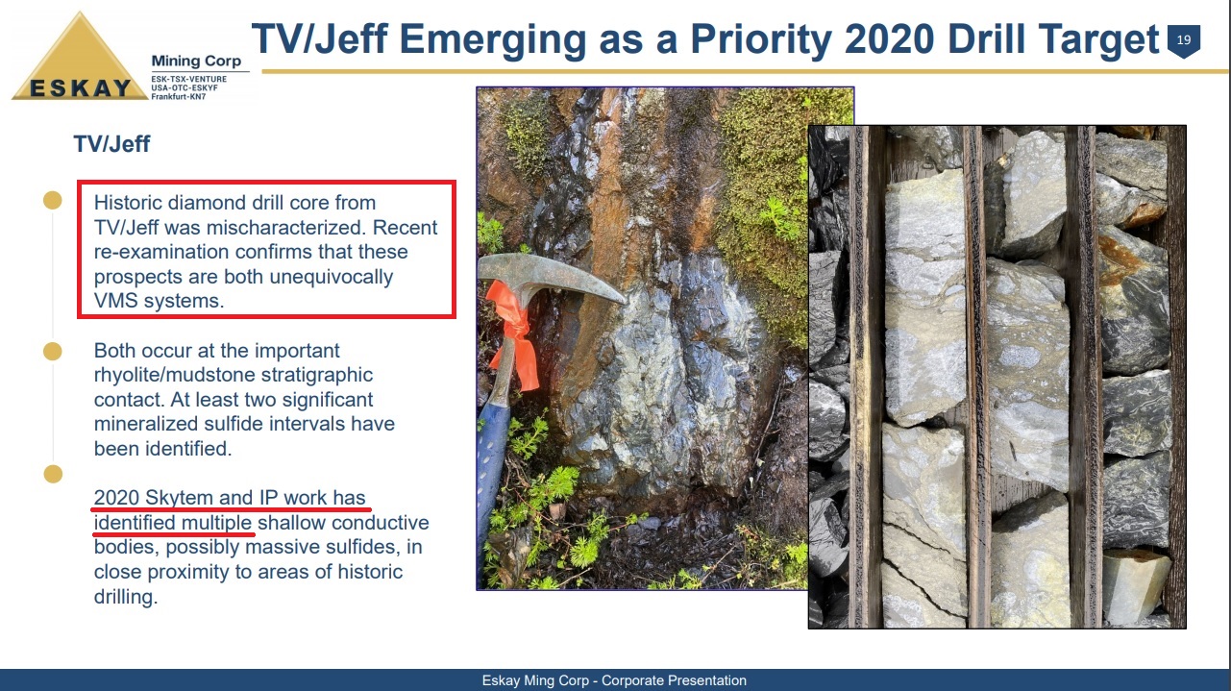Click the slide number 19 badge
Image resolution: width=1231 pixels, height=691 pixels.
[x=1184, y=40]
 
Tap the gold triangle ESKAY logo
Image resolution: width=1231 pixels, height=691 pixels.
[x=80, y=61]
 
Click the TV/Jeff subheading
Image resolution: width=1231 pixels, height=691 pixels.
[x=111, y=144]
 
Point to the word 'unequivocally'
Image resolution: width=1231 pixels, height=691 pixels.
[x=332, y=277]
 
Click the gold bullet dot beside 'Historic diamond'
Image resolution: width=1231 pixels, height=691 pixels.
[x=53, y=200]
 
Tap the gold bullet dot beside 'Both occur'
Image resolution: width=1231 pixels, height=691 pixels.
[x=53, y=351]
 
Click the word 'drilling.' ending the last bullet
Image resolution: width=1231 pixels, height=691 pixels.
[x=126, y=597]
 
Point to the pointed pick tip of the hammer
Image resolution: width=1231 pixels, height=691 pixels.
[x=625, y=301]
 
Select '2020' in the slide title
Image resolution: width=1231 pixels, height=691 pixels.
[x=889, y=39]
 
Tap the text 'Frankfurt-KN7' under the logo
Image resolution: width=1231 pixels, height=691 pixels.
[x=179, y=97]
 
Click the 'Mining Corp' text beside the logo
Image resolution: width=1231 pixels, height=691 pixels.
[x=196, y=61]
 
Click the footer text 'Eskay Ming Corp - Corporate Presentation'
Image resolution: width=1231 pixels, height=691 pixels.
[x=614, y=680]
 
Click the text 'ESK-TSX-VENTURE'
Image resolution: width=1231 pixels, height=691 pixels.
[x=189, y=79]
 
